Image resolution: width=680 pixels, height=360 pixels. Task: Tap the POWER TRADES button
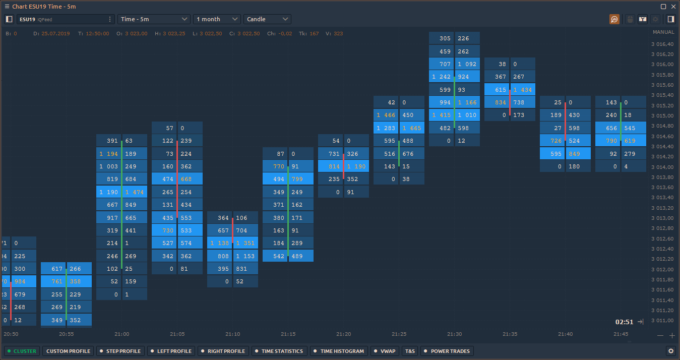(x=447, y=351)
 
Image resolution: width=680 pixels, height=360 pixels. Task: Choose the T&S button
(x=410, y=351)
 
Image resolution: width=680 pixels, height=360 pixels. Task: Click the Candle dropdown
(x=267, y=19)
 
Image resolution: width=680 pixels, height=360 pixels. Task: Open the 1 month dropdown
(x=217, y=19)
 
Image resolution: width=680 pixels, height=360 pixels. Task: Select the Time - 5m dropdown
(x=154, y=19)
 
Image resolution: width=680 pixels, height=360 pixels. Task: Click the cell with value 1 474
(x=135, y=192)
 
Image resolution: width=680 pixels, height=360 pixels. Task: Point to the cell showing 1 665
(x=412, y=128)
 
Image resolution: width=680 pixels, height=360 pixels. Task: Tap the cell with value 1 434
(x=523, y=90)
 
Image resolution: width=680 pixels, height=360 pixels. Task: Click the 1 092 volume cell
(x=467, y=64)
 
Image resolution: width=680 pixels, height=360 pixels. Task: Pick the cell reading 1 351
(x=245, y=243)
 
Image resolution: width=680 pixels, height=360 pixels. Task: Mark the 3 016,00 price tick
(x=662, y=64)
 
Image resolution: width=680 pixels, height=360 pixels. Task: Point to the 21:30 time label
(x=454, y=334)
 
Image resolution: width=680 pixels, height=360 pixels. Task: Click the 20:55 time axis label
(x=66, y=334)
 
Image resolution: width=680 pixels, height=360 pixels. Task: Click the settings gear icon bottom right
(x=670, y=351)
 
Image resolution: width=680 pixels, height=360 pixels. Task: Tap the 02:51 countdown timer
(x=624, y=322)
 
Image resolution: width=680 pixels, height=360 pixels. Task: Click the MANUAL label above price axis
(x=663, y=32)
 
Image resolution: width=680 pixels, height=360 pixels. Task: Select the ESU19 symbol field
(x=61, y=19)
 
